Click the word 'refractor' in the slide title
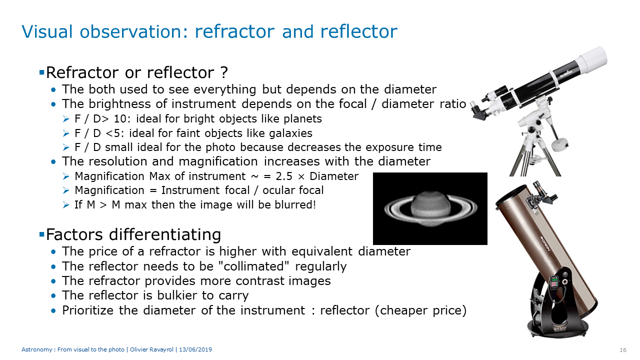234,31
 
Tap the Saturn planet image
430,208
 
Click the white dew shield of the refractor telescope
591,61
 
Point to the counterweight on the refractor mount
559,144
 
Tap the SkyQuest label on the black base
560,328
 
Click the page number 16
623,350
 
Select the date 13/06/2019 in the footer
195,349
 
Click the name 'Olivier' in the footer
138,349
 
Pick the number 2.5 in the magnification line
284,176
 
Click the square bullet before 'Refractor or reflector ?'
41,72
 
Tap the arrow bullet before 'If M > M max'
66,205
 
